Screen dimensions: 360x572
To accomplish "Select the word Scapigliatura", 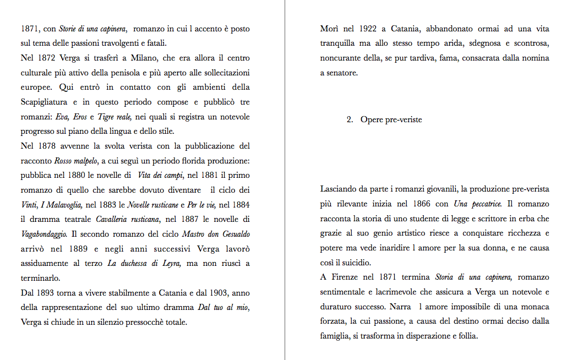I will [44, 102].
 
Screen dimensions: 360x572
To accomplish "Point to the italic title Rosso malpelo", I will [76, 161].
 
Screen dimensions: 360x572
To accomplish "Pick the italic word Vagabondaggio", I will [44, 234].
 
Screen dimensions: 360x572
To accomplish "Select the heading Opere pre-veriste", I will [391, 119].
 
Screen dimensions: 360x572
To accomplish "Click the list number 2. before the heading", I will [350, 119].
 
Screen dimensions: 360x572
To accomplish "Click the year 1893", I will [48, 293].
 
